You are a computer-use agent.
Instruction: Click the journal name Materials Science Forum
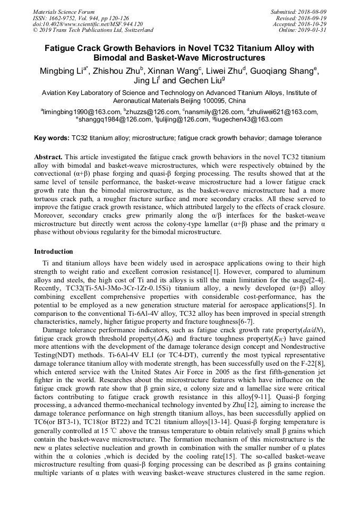pyautogui.click(x=64, y=12)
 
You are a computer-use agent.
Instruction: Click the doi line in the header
pyautogui.click(x=88, y=24)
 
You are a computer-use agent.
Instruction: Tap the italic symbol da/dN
pyautogui.click(x=313, y=330)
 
